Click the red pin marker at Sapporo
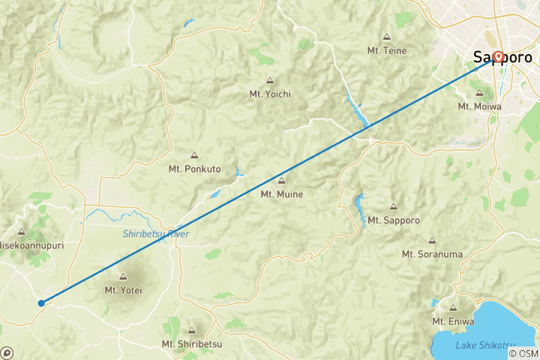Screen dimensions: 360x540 497,56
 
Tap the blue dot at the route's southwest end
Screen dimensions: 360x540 41,303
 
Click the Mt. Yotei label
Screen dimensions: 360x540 123,290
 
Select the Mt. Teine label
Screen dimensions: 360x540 387,50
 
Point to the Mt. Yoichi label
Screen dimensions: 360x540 270,94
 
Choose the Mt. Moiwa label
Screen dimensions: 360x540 478,106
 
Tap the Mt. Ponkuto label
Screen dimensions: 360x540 194,169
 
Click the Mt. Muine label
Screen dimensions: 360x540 281,194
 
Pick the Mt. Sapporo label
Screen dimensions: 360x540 393,220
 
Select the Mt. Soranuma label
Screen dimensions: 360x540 432,254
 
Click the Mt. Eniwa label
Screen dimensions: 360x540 453,322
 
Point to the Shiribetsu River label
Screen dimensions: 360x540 156,235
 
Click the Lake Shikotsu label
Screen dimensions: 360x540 484,344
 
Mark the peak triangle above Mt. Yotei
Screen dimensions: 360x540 123,277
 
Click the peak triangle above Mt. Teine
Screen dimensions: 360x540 387,37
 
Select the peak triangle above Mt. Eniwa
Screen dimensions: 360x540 453,307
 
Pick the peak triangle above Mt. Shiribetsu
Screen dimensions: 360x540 192,330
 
